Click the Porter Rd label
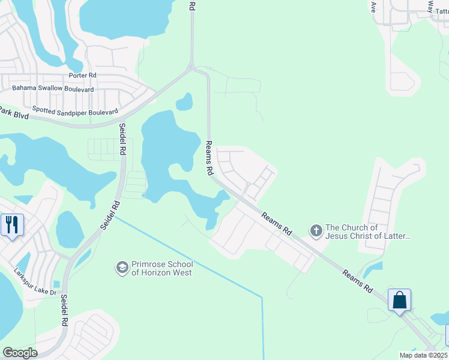click(x=82, y=76)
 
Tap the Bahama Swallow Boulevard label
click(x=53, y=89)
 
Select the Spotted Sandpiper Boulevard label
click(x=75, y=111)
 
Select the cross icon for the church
click(x=316, y=230)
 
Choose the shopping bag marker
click(x=399, y=299)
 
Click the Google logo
click(x=20, y=353)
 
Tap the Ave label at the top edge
click(x=373, y=7)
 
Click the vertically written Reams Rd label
click(x=209, y=158)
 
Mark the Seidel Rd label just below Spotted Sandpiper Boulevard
click(x=122, y=139)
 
